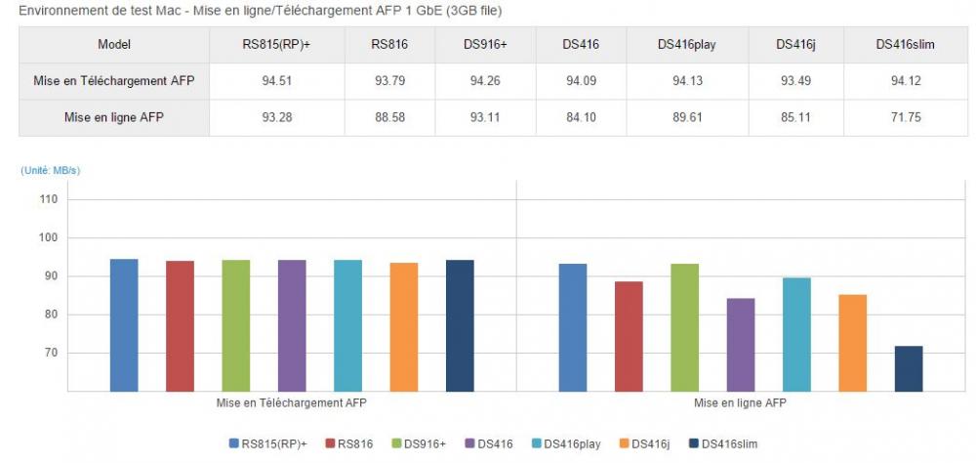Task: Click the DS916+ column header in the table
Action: [x=485, y=44]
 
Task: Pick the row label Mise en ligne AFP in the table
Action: [x=113, y=117]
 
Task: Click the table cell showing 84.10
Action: [x=582, y=117]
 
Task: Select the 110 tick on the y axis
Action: [x=49, y=199]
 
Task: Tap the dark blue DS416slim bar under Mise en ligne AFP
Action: [x=909, y=368]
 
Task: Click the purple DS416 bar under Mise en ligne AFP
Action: [x=741, y=344]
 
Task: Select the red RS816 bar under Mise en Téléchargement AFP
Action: [x=180, y=325]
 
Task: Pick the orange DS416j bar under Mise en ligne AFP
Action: [x=853, y=342]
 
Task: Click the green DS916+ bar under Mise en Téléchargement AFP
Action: [x=236, y=325]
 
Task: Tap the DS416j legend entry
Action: [x=646, y=443]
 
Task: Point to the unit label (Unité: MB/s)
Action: [x=51, y=171]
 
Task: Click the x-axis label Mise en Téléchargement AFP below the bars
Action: [x=292, y=401]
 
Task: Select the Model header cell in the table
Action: [x=114, y=44]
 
